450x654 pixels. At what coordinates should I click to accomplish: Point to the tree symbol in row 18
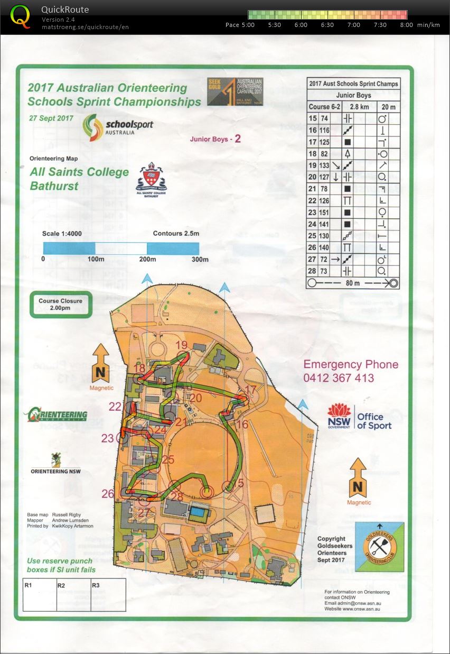[348, 153]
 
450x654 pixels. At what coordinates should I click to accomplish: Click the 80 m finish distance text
[353, 283]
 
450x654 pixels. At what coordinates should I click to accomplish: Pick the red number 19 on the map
[182, 345]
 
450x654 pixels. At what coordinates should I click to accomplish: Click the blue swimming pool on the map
[198, 512]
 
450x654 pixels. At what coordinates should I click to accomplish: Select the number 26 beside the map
[108, 494]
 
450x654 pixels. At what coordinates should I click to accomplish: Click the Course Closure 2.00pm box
[60, 305]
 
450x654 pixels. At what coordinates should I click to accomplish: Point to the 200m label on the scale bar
[147, 259]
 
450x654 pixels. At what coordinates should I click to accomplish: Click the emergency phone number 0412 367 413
[339, 378]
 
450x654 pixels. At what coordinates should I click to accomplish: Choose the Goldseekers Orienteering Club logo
[376, 547]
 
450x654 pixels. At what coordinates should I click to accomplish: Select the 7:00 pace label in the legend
[353, 25]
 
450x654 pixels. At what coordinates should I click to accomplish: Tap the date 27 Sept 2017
[52, 118]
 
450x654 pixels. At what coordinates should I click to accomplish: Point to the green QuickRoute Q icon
[21, 16]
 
